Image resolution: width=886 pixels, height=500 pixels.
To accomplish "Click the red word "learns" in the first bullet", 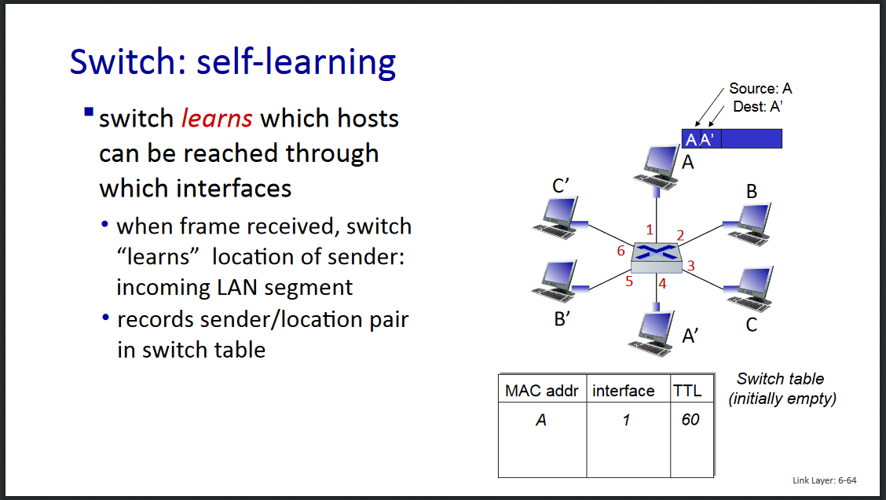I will point(217,119).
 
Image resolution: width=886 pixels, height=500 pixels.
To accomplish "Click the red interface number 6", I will point(621,252).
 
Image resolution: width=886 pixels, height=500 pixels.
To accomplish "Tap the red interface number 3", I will point(690,266).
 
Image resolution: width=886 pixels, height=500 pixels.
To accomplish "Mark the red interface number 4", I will point(662,284).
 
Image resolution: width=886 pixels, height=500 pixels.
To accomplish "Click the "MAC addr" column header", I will point(542,391).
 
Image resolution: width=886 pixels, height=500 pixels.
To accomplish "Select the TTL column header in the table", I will point(687,391).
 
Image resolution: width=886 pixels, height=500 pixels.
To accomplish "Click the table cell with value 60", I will point(690,420).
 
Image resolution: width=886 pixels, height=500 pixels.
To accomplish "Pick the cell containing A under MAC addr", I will point(540,420).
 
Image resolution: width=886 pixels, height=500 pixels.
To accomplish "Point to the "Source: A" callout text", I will point(760,89).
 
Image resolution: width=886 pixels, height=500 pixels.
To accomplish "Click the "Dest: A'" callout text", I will point(757,106).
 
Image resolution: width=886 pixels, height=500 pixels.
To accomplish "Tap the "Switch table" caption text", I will point(780,380).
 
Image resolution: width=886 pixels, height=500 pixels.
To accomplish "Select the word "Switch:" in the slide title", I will point(127,62).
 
